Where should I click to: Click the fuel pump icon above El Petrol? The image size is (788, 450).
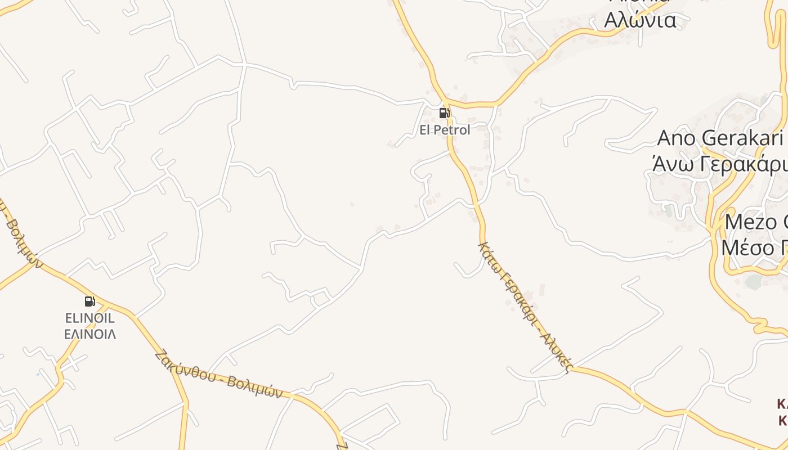444,113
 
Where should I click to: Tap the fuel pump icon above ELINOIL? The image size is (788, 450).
89,301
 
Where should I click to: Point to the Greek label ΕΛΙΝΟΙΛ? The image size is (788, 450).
90,334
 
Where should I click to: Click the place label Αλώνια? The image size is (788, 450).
640,20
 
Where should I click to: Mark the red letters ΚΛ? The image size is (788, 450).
782,404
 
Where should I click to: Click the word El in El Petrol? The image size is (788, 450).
426,130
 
